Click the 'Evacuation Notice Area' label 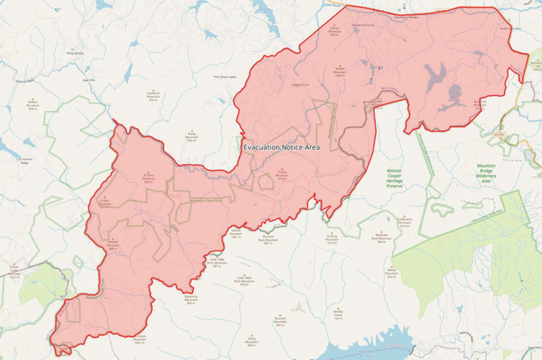tap(281, 146)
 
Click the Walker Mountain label tap(33, 105)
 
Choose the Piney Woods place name tap(75, 53)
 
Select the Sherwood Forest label tap(363, 25)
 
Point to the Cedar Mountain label tap(510, 28)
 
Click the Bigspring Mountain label tap(191, 300)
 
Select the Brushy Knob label tap(338, 316)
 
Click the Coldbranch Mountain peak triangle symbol tap(404, 215)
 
